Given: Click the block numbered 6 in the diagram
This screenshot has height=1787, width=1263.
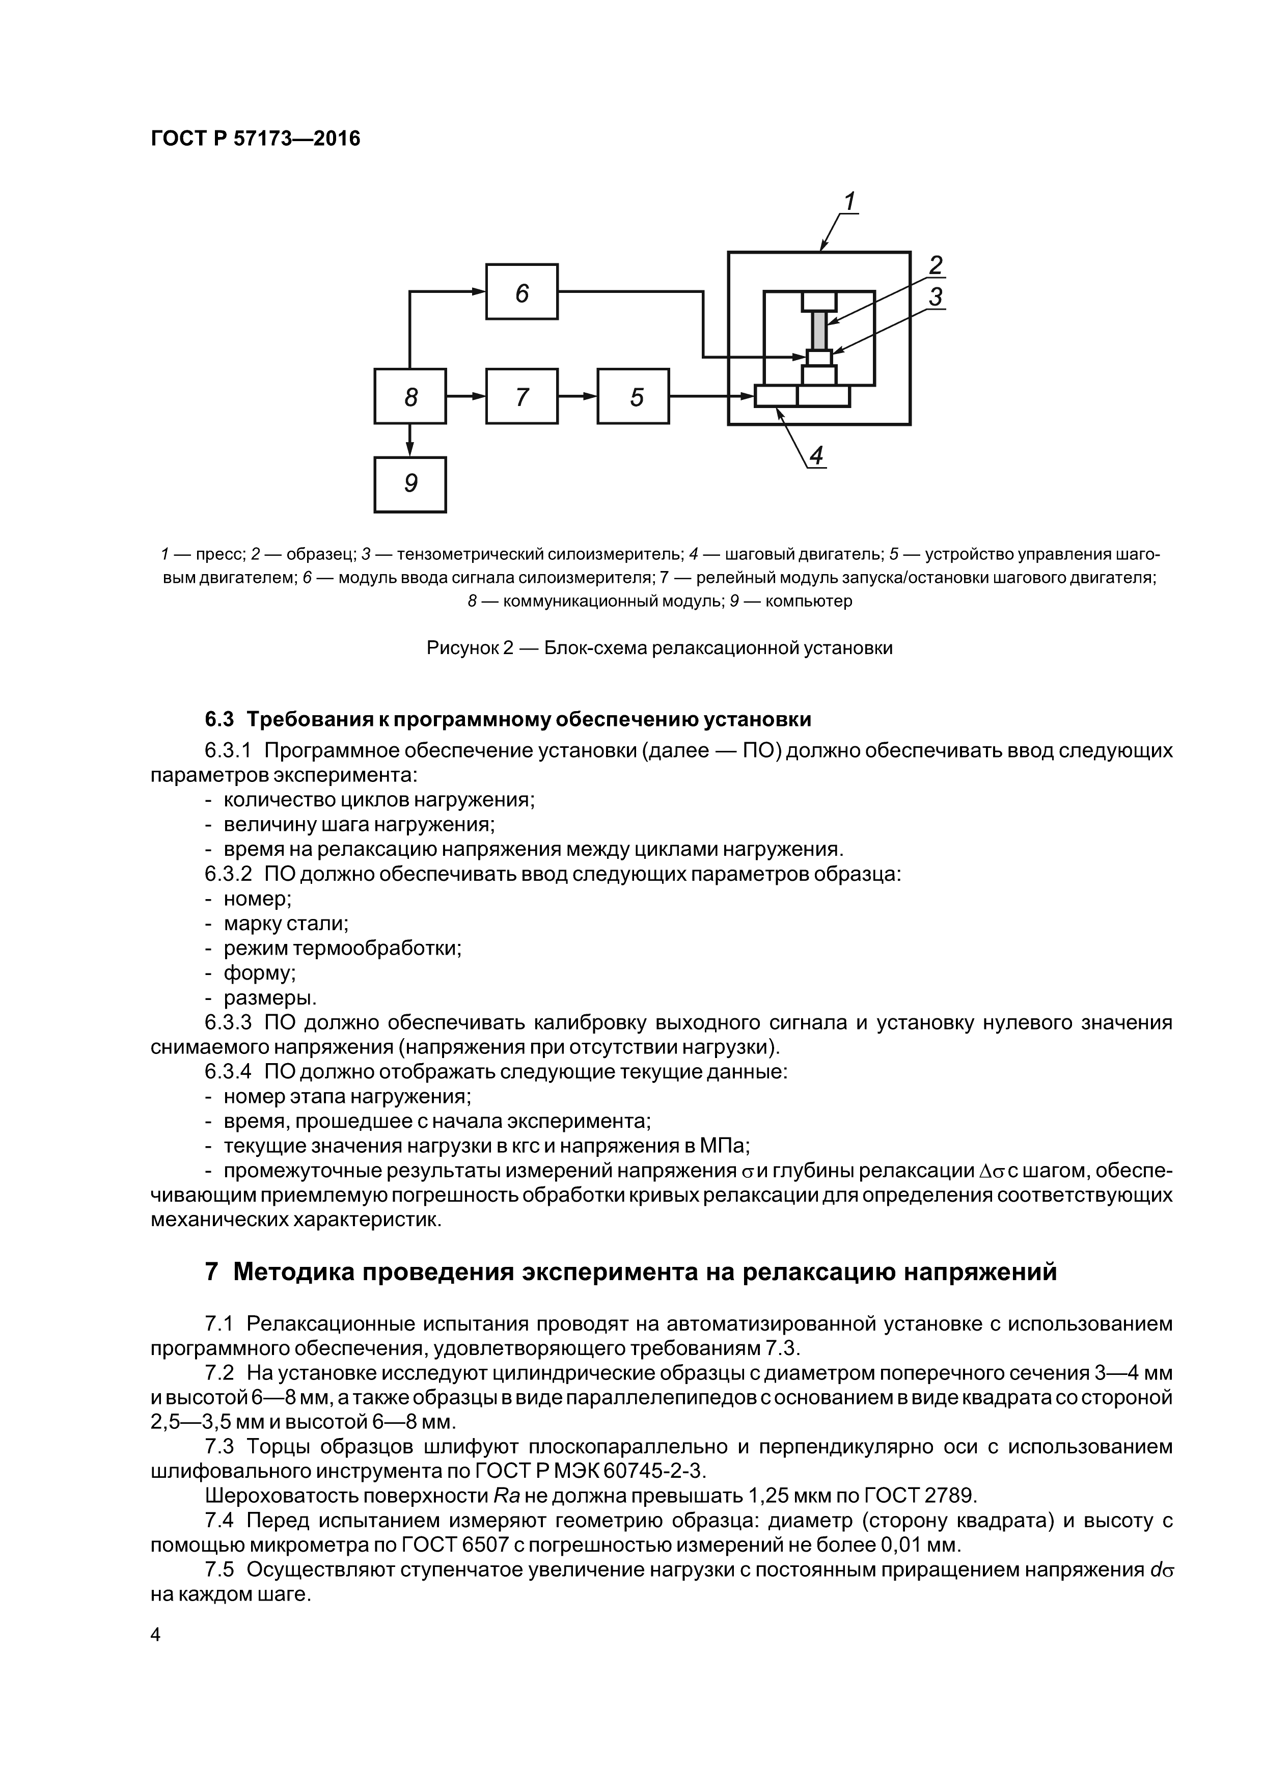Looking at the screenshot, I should (x=521, y=292).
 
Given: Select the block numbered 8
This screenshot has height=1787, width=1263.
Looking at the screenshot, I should (x=410, y=396).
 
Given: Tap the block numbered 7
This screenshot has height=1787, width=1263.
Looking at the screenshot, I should (x=521, y=396).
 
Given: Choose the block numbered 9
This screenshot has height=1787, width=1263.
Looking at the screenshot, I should (x=410, y=484).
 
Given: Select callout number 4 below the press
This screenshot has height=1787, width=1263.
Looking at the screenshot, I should (x=815, y=455).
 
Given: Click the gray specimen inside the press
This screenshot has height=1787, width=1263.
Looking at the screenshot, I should (x=818, y=330).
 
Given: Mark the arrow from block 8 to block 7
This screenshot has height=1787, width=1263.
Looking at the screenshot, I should (x=466, y=396).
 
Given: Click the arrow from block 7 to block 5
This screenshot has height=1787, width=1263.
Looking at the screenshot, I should (x=578, y=396).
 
